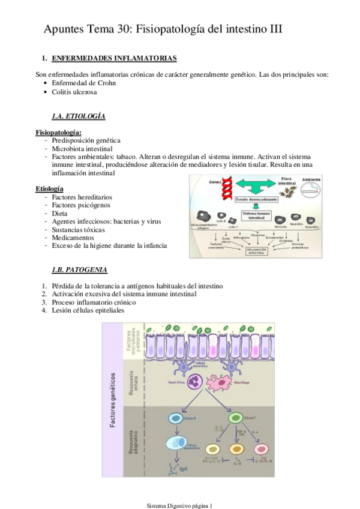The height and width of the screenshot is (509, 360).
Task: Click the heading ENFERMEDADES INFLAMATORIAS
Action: (114, 58)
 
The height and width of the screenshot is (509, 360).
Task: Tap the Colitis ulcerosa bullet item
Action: (74, 92)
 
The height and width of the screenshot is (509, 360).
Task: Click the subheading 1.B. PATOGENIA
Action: (80, 270)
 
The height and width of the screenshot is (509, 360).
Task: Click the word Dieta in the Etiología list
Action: (60, 213)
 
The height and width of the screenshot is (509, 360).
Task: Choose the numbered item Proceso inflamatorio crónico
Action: (94, 302)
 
